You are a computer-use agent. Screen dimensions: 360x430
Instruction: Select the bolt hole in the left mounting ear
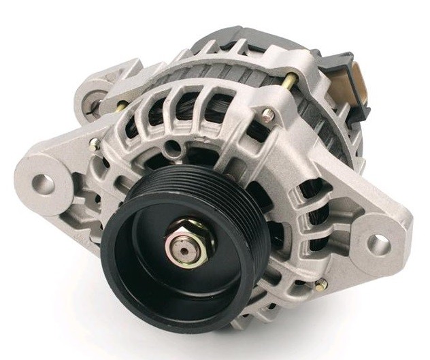click(42, 182)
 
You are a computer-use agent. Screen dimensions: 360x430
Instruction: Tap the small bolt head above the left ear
click(94, 143)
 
